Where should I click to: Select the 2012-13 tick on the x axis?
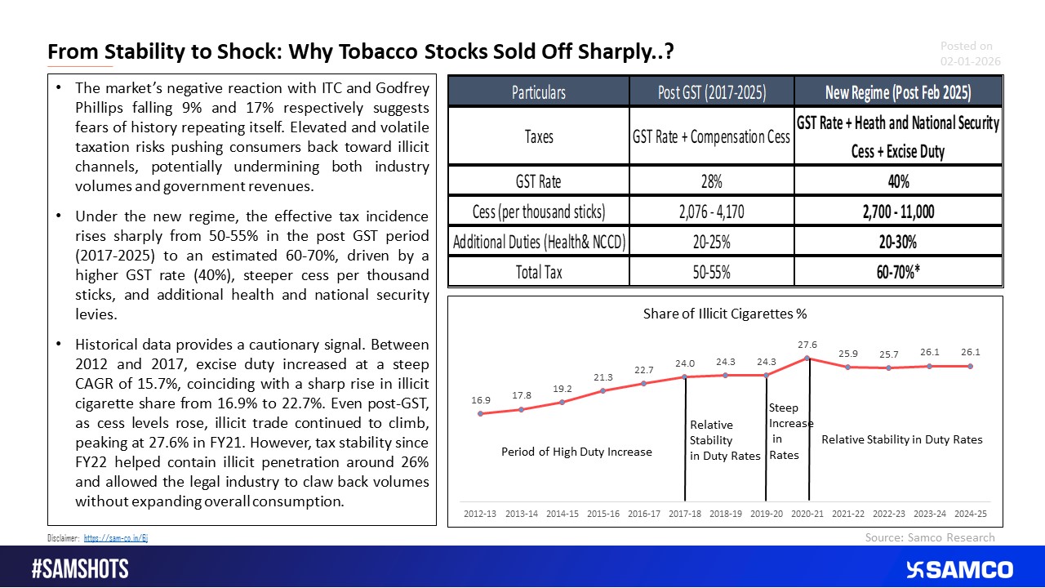(x=481, y=514)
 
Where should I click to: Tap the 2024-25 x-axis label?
(x=971, y=514)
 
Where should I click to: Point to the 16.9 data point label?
(x=481, y=401)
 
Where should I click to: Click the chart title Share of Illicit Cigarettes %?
(x=724, y=314)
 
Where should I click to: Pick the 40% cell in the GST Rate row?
(x=897, y=180)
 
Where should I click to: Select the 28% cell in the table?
(x=712, y=180)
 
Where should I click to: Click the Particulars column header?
(x=538, y=92)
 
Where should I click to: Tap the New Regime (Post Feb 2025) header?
(x=897, y=92)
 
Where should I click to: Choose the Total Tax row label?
(x=538, y=271)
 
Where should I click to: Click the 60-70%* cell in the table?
(x=897, y=271)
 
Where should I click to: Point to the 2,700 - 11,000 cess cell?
(x=897, y=212)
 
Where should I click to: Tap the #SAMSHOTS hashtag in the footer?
(x=80, y=569)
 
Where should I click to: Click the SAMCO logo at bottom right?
(x=959, y=569)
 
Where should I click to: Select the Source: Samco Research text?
(x=930, y=537)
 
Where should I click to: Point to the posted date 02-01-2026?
(x=970, y=61)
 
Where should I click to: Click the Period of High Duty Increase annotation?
(x=576, y=452)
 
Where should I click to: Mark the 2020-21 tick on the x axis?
(x=807, y=514)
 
